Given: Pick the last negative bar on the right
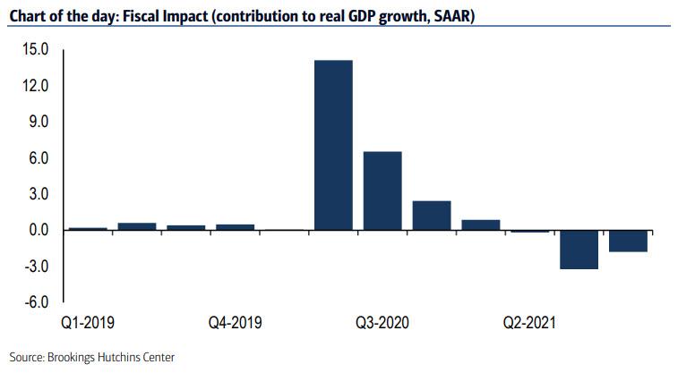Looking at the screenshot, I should (x=629, y=241).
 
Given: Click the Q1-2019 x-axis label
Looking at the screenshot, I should (x=88, y=321).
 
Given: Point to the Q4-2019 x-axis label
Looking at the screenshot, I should (x=235, y=321).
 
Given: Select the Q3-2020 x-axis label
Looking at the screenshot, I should (x=382, y=321).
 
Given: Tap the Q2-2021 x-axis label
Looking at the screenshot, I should (x=530, y=321).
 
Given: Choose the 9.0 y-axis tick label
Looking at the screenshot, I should (x=38, y=123).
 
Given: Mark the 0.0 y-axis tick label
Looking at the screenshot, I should (x=38, y=230).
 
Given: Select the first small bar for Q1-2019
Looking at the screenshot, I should (x=88, y=228).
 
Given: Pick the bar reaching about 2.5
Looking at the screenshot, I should (x=432, y=215).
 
